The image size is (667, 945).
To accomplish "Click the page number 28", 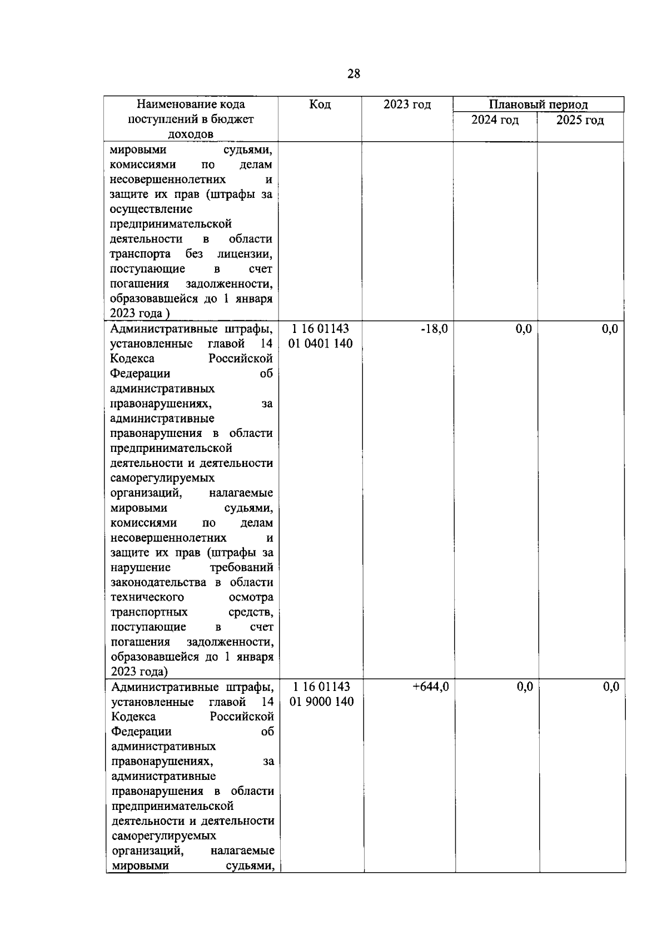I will pos(354,74).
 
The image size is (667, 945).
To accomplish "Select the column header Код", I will pos(320,105).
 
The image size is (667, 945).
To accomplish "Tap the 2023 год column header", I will pos(407,105).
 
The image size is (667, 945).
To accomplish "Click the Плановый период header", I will pos(538,105).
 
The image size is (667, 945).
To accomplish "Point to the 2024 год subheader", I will pos(495,120).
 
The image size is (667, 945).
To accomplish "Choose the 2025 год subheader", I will pos(580,120).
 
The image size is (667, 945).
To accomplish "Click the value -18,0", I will pos(434,329).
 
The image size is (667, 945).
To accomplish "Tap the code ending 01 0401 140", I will pos(321,344).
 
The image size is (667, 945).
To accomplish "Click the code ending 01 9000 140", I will pos(322,702).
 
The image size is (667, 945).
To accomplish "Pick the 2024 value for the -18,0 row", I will pos(524,329).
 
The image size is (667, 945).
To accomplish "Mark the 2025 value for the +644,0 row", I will pos(611,687).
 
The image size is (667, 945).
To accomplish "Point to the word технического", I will pos(147,598).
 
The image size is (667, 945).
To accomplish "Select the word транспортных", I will pos(149,613).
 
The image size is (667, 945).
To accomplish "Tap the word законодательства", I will pos(158,583).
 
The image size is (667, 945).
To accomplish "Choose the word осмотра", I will pos(251,598).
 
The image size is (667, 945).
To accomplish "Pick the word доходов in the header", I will pos(191,135).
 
